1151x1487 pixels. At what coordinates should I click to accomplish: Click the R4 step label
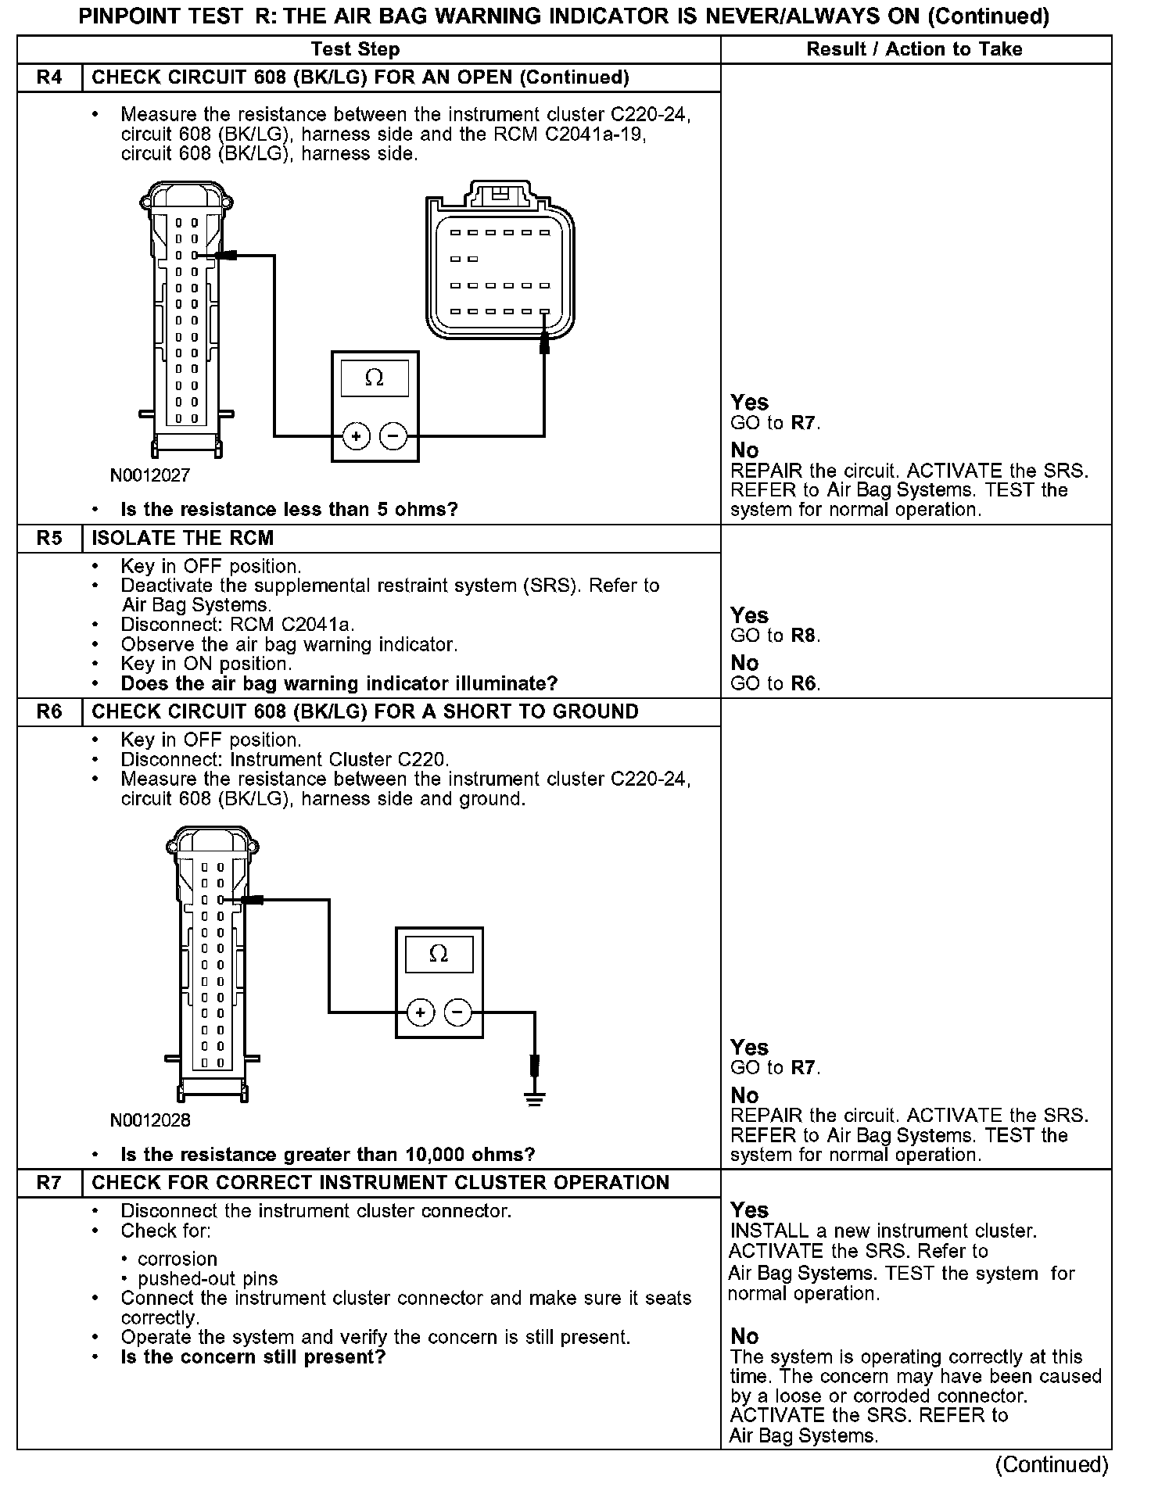pyautogui.click(x=49, y=77)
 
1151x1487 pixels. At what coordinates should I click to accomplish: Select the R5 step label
pyautogui.click(x=49, y=538)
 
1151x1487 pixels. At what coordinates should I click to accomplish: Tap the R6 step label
pyautogui.click(x=49, y=711)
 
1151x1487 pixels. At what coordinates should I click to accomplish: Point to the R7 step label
pyautogui.click(x=49, y=1182)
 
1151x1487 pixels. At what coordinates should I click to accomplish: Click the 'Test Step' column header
pyautogui.click(x=355, y=49)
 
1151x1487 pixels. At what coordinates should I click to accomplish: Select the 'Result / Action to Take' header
pyautogui.click(x=914, y=49)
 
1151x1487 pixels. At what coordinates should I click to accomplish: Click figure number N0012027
pyautogui.click(x=150, y=475)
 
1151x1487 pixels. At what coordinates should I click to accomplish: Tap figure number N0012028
pyautogui.click(x=150, y=1120)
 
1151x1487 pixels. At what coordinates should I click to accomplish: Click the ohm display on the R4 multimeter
pyautogui.click(x=375, y=378)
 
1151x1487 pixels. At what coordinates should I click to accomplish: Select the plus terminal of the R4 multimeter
pyautogui.click(x=357, y=436)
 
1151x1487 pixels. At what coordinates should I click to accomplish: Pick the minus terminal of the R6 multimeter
pyautogui.click(x=458, y=1013)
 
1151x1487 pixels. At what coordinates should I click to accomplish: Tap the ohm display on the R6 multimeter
pyautogui.click(x=439, y=954)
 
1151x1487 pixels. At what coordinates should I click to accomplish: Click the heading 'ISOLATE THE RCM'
pyautogui.click(x=183, y=538)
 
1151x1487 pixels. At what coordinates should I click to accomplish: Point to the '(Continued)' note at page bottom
pyautogui.click(x=1052, y=1464)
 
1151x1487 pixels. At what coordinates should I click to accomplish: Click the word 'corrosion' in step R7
pyautogui.click(x=177, y=1259)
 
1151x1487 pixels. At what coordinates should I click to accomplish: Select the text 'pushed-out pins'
pyautogui.click(x=208, y=1279)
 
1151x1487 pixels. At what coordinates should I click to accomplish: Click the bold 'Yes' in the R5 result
pyautogui.click(x=749, y=615)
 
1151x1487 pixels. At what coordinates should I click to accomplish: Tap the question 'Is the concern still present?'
pyautogui.click(x=253, y=1357)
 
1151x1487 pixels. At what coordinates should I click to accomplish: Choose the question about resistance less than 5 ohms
pyautogui.click(x=289, y=510)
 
